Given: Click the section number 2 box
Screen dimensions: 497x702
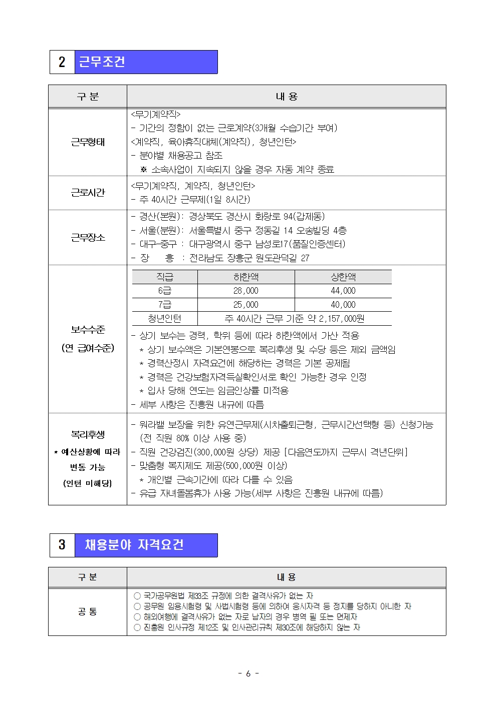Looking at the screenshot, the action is pyautogui.click(x=62, y=62).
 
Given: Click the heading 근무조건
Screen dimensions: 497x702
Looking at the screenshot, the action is pyautogui.click(x=102, y=62).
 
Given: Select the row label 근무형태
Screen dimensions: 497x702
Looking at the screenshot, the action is pyautogui.click(x=88, y=142).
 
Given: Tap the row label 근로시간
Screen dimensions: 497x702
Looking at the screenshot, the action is pyautogui.click(x=88, y=193).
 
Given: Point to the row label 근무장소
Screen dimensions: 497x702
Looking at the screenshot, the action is pyautogui.click(x=88, y=238).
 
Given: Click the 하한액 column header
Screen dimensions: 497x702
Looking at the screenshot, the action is pyautogui.click(x=246, y=277).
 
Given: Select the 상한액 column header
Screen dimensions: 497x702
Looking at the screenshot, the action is pyautogui.click(x=343, y=277).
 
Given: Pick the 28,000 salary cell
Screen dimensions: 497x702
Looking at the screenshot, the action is pyautogui.click(x=246, y=291).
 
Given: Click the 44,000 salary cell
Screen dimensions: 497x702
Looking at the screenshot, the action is pyautogui.click(x=343, y=291).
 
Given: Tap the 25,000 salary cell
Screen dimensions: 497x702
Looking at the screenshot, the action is pyautogui.click(x=246, y=305).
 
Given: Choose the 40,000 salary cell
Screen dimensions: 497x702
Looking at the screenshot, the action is pyautogui.click(x=343, y=305).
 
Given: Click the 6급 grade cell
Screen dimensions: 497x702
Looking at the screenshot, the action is pyautogui.click(x=165, y=291).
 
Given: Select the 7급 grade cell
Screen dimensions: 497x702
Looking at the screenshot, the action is pyautogui.click(x=165, y=305).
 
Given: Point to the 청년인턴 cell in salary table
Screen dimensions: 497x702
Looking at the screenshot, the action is pyautogui.click(x=165, y=319).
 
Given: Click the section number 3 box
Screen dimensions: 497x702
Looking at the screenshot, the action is pyautogui.click(x=62, y=545).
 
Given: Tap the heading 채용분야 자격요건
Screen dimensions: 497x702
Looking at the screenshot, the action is pyautogui.click(x=134, y=545).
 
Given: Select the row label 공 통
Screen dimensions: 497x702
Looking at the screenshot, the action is pyautogui.click(x=88, y=611).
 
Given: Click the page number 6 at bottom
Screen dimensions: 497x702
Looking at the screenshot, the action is pyautogui.click(x=248, y=673).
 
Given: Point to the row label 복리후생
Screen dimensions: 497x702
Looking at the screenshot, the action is pyautogui.click(x=88, y=434).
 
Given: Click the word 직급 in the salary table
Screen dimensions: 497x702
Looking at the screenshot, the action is pyautogui.click(x=165, y=277).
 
